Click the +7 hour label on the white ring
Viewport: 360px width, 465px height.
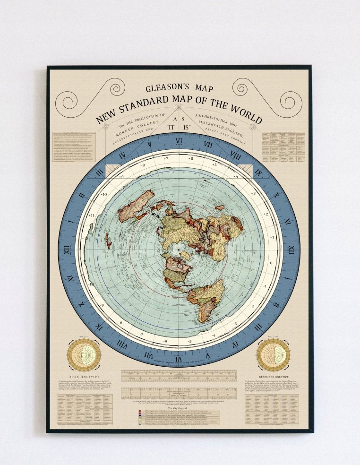(x=165, y=159)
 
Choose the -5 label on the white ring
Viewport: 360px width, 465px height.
(x=189, y=340)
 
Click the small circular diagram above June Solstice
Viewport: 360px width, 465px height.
(x=84, y=354)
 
